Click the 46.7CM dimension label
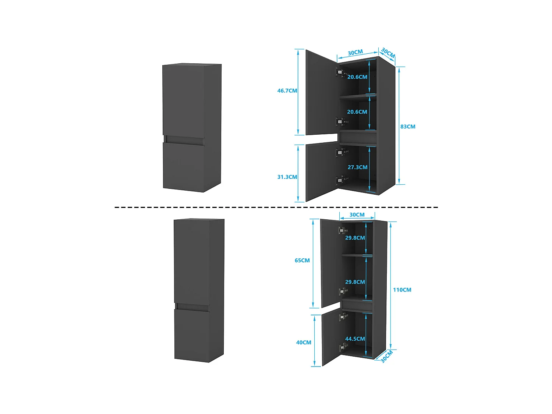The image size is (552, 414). pos(287,91)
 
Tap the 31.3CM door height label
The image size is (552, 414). pos(287,177)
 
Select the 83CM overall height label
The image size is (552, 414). pos(408,127)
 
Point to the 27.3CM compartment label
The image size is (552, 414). pos(357,167)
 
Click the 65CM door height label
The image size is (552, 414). pos(302,261)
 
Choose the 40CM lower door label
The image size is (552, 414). pos(304,343)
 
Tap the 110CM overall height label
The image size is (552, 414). pos(402,290)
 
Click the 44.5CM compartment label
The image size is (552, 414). pos(355,339)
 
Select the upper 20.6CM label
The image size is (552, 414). pos(357,77)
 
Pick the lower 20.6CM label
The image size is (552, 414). pos(357,112)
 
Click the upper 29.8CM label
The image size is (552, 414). pos(355,238)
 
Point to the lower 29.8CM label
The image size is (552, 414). pos(355,282)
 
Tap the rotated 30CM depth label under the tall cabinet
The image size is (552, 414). pos(386,356)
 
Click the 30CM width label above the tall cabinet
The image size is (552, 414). pos(357,215)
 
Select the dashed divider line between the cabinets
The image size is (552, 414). pos(276,207)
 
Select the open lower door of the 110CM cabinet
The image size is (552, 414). pos(330,337)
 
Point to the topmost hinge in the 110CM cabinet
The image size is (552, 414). pos(342,231)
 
